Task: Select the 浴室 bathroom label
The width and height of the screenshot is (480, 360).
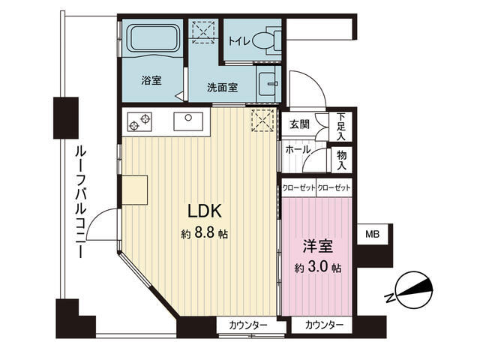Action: point(151,80)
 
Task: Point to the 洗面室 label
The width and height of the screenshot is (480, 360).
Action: point(223,87)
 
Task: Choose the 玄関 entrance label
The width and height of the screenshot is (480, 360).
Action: point(300,124)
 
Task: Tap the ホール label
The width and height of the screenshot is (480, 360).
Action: point(297,149)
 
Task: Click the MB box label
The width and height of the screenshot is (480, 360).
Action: point(373,235)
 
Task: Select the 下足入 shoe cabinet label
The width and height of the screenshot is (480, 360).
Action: point(341,127)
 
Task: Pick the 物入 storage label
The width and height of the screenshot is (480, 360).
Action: point(341,159)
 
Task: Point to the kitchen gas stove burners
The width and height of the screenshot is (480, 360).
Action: point(139,121)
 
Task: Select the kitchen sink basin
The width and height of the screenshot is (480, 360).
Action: point(187,120)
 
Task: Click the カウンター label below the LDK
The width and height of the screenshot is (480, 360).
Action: point(247,325)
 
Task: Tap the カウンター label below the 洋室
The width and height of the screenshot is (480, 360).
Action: point(324,325)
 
